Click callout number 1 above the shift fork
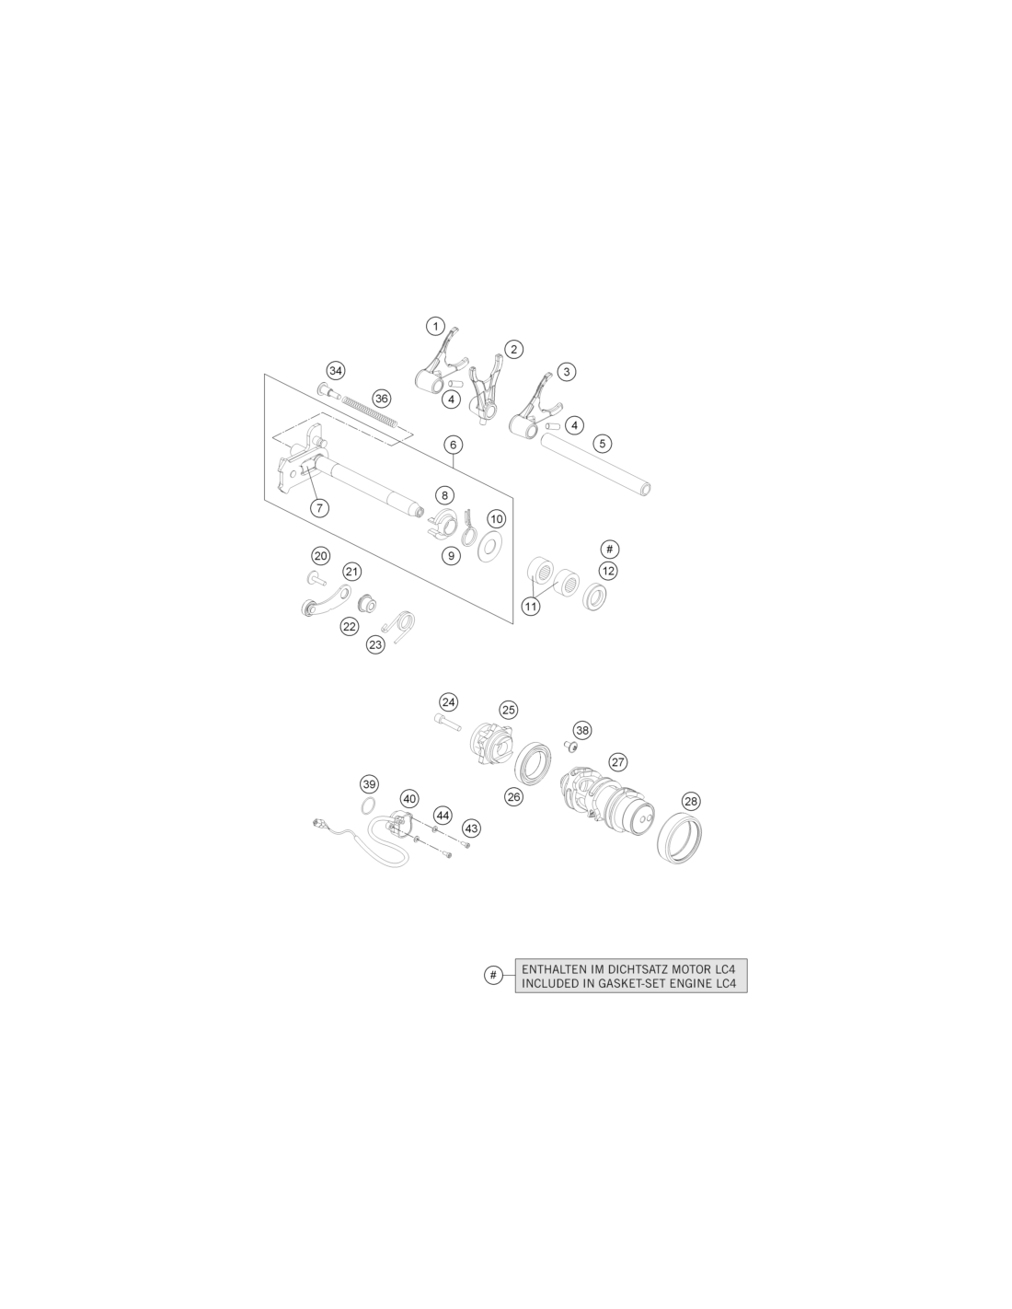point(435,327)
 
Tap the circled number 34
point(336,370)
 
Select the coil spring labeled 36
point(370,412)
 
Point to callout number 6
point(453,446)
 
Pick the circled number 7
point(319,508)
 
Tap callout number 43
point(471,828)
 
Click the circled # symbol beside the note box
point(493,975)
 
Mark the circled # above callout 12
point(610,550)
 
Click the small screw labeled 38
point(569,747)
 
